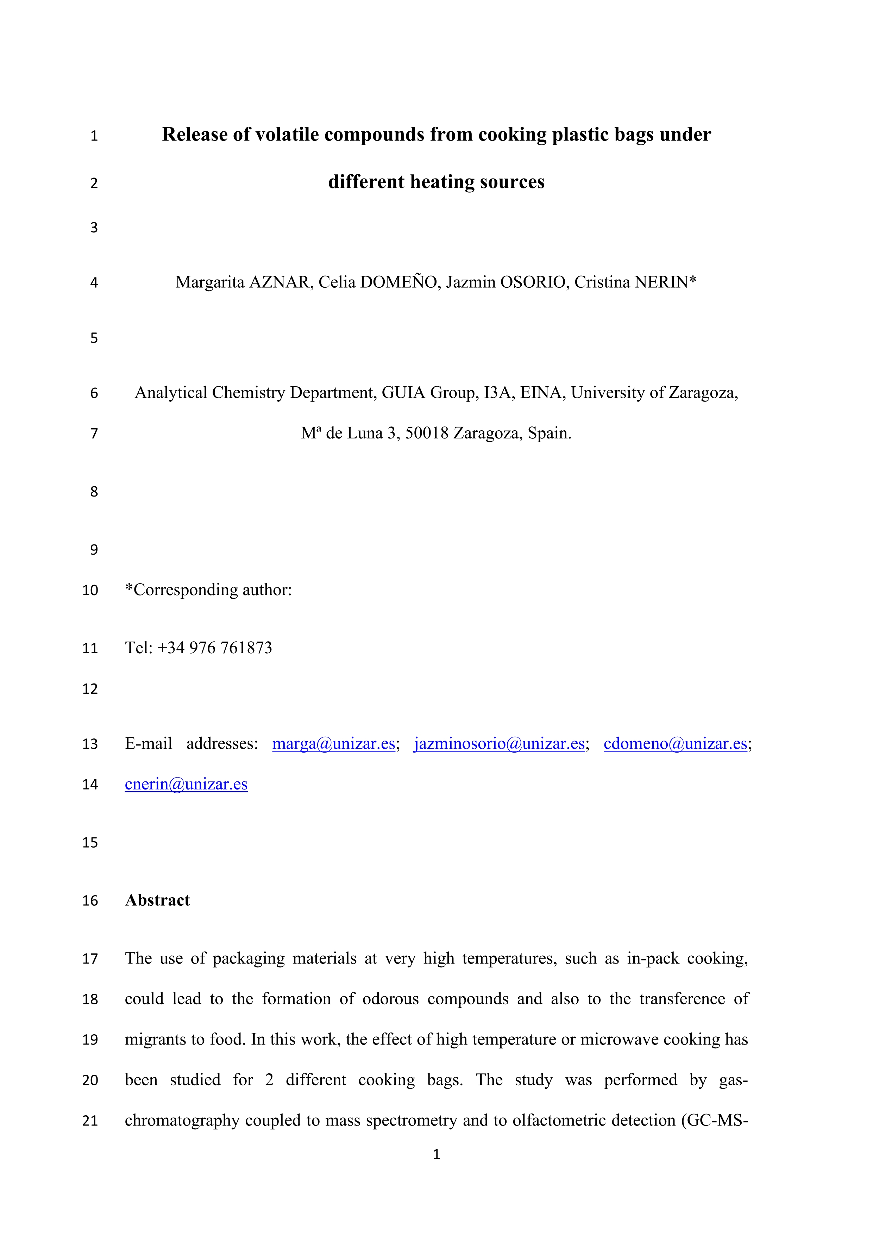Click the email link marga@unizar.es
(x=333, y=743)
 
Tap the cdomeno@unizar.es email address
(x=675, y=743)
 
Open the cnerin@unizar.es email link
(x=186, y=784)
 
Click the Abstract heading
(x=157, y=900)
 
